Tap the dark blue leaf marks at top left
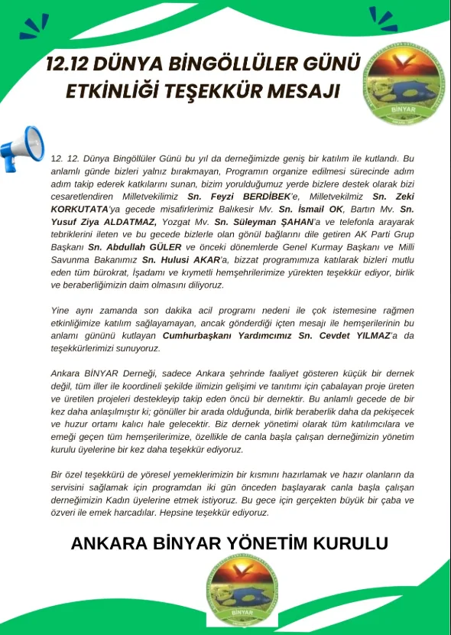(x=34, y=27)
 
